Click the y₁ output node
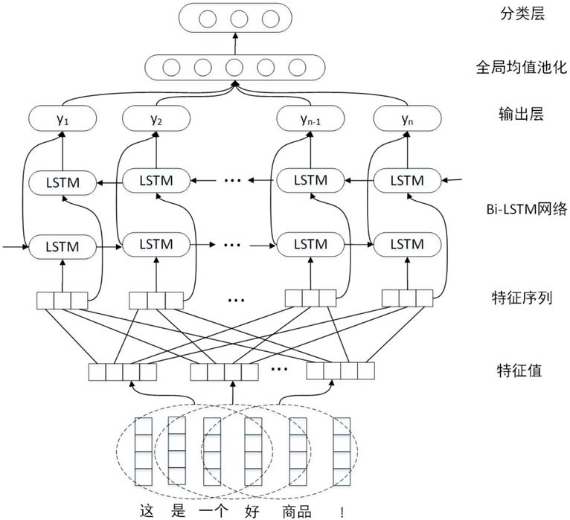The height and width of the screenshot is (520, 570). [63, 117]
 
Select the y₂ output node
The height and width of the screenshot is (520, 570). [156, 117]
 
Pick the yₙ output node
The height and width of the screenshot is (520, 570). [406, 117]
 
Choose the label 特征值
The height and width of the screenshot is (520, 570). [514, 370]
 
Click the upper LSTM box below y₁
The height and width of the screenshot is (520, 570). [63, 181]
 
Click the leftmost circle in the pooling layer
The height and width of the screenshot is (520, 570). [172, 67]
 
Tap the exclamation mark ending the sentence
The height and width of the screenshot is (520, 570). [342, 510]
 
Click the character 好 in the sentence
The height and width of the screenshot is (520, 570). [252, 510]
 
